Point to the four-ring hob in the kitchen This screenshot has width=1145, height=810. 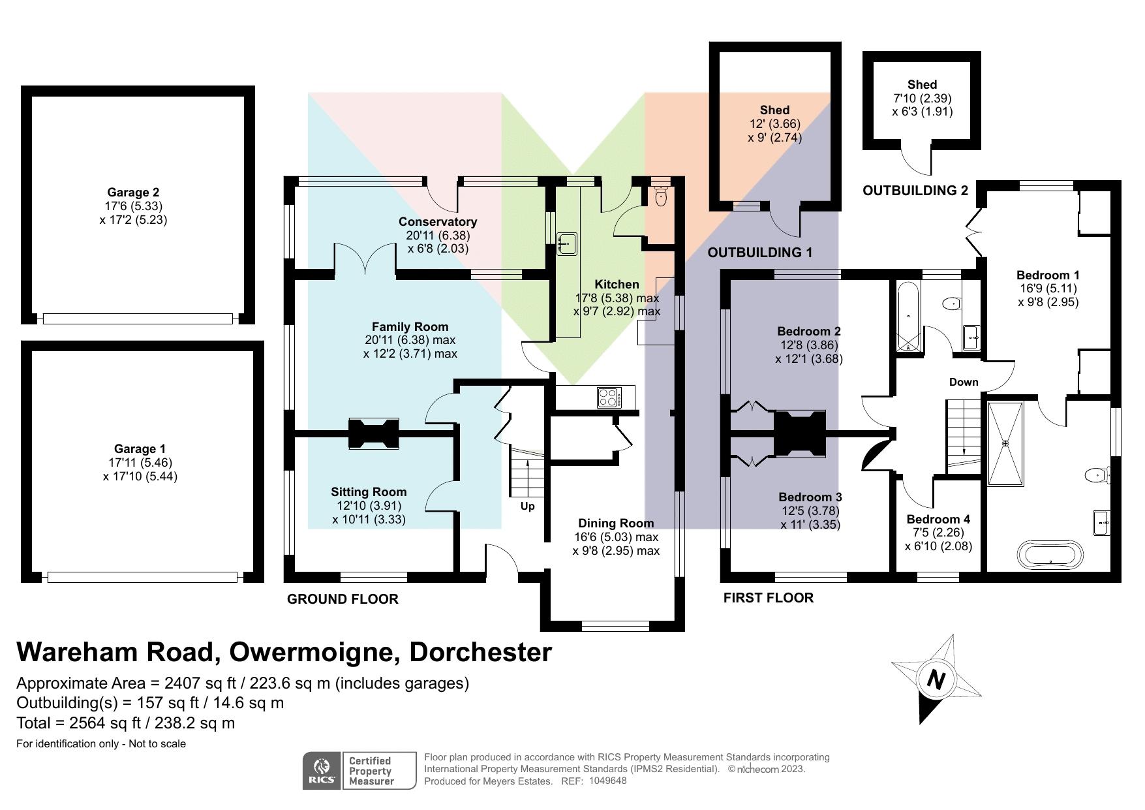609,397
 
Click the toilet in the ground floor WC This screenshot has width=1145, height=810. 660,196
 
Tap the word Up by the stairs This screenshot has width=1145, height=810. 527,506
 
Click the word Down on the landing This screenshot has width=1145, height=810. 964,382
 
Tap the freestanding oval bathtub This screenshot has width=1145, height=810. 1050,555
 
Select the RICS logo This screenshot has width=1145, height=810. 321,771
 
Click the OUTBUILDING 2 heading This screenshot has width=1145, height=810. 915,191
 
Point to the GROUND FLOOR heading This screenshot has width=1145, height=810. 343,599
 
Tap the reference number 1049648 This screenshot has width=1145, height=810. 607,781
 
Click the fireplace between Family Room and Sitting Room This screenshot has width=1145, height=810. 373,433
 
